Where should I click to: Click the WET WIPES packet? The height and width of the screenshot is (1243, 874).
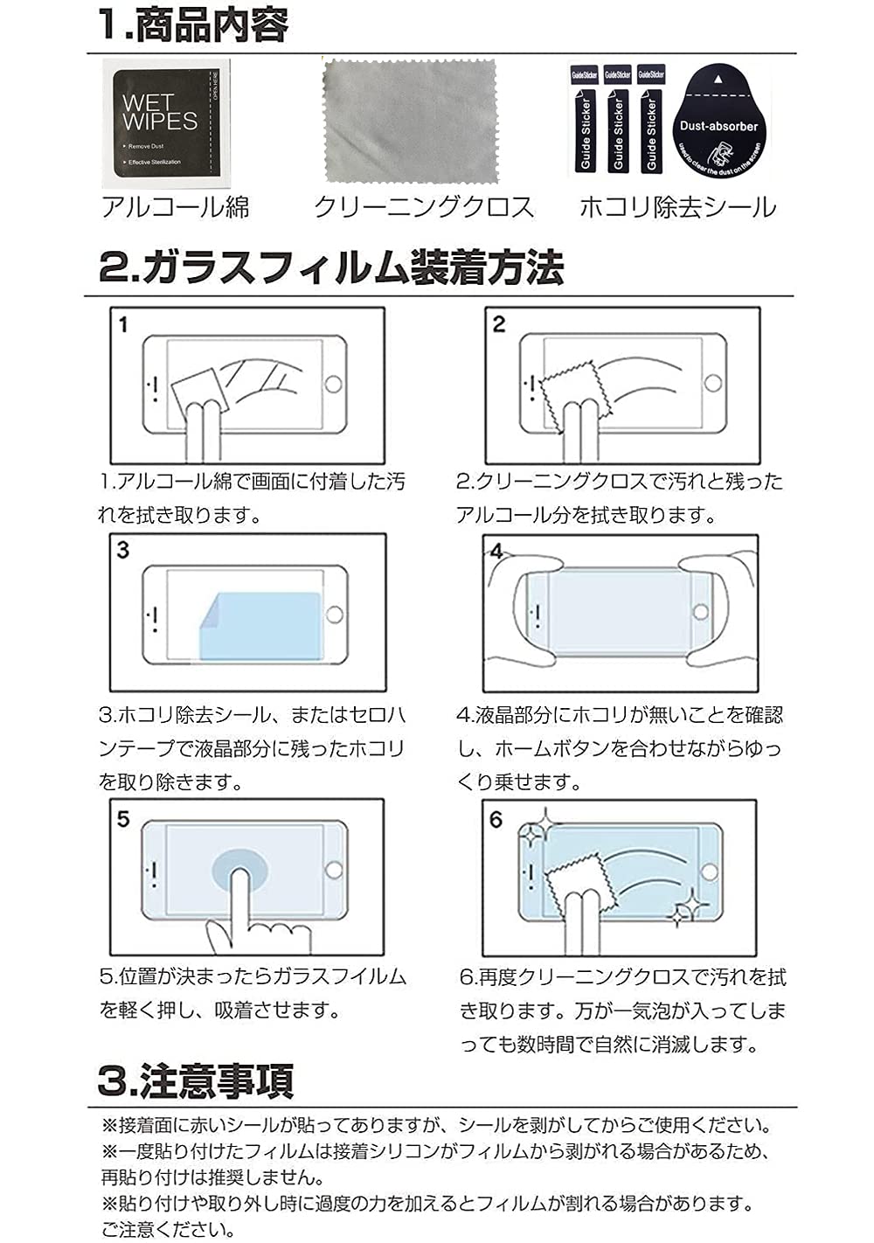click(166, 123)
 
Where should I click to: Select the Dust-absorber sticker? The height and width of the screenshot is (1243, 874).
click(718, 122)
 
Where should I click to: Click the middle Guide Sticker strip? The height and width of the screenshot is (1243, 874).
click(618, 122)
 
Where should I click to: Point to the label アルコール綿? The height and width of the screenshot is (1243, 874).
click(176, 207)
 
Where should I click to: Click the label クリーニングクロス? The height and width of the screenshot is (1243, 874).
click(424, 207)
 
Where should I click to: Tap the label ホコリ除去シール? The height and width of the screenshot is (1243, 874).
click(677, 207)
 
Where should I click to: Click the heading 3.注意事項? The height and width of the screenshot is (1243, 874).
click(196, 1080)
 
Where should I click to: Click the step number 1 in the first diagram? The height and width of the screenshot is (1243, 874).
click(123, 324)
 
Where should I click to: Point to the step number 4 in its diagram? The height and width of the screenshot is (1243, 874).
click(496, 551)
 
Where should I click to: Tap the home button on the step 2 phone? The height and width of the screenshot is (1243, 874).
click(713, 383)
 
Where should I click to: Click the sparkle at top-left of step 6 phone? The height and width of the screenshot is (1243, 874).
click(531, 831)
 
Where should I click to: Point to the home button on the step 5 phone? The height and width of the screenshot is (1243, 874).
click(333, 870)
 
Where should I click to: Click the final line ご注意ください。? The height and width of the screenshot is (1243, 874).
click(168, 1230)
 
